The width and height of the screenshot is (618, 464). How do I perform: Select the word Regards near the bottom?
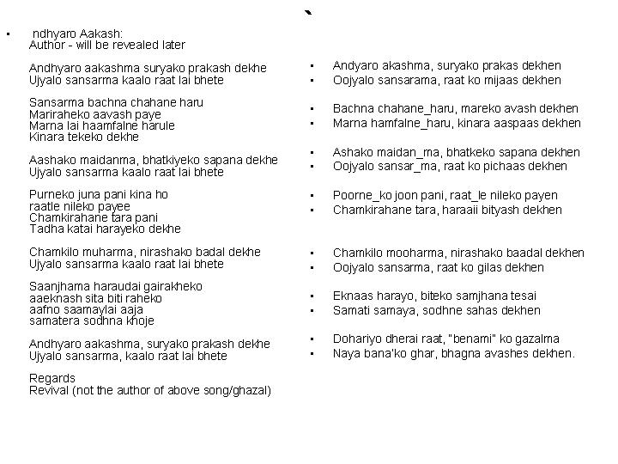(x=52, y=378)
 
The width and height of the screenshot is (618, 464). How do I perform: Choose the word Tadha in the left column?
(x=45, y=229)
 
